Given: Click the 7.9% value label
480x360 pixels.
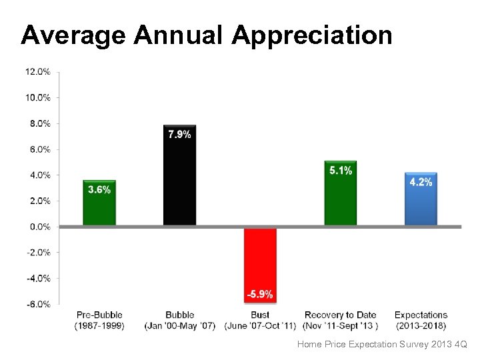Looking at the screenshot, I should pyautogui.click(x=179, y=135).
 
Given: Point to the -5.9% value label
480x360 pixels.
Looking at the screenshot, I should pyautogui.click(x=260, y=294).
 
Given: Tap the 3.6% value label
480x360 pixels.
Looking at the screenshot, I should pyautogui.click(x=99, y=189).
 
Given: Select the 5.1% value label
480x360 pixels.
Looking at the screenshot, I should pyautogui.click(x=341, y=171).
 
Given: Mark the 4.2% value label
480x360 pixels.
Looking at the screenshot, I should pyautogui.click(x=421, y=182).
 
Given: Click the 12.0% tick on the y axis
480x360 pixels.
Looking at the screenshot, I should pyautogui.click(x=38, y=71).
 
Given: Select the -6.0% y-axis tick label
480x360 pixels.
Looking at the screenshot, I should pyautogui.click(x=38, y=304).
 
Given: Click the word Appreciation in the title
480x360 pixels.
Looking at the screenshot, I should pyautogui.click(x=312, y=35).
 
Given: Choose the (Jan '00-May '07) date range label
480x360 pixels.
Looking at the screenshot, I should pyautogui.click(x=179, y=325).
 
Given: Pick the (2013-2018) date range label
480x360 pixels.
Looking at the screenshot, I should pyautogui.click(x=421, y=325).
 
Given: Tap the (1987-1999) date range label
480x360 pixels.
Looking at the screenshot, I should pyautogui.click(x=99, y=325).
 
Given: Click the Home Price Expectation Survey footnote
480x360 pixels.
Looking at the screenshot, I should pyautogui.click(x=382, y=345).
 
